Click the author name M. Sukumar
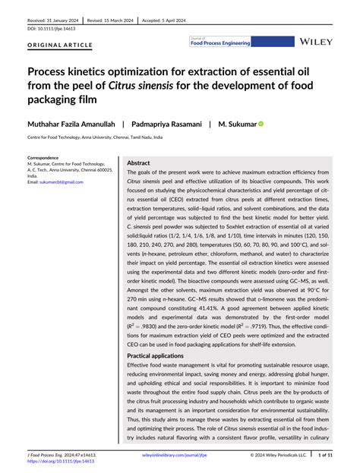click(237, 123)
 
